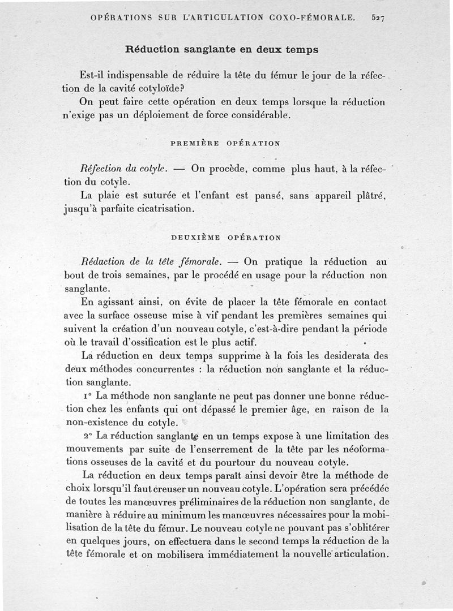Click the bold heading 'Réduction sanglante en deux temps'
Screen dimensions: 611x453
pyautogui.click(x=221, y=49)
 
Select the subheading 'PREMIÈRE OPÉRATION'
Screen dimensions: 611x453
pyautogui.click(x=225, y=144)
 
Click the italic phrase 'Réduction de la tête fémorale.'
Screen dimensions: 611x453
pyautogui.click(x=151, y=262)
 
